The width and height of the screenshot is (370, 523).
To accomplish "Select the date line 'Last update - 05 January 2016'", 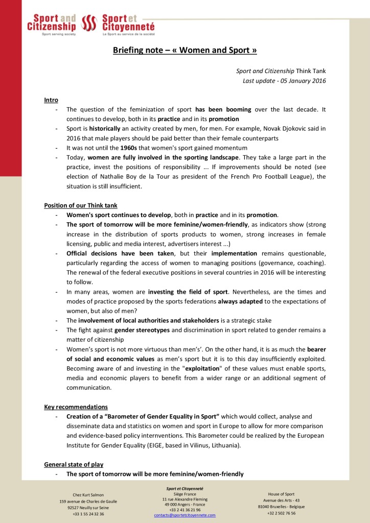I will click(284, 81).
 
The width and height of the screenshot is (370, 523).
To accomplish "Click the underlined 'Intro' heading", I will click(51, 100).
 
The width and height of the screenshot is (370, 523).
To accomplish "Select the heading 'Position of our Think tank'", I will click(81, 205).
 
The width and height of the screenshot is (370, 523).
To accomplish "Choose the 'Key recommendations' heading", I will click(76, 407).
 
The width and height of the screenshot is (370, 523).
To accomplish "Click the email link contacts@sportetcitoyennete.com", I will click(184, 515).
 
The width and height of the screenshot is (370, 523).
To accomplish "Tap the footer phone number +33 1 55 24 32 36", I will click(88, 514).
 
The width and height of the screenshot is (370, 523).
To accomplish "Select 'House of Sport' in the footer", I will click(281, 494).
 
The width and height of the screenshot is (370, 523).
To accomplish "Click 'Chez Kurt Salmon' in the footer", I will click(88, 494).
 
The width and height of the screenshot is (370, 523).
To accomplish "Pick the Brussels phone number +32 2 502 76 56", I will click(281, 513).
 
